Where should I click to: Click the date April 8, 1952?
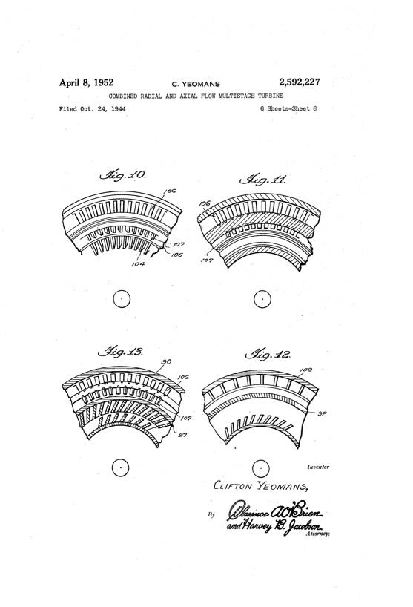tap(91, 82)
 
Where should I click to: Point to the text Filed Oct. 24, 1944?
tap(91, 109)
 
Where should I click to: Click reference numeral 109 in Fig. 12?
tap(305, 367)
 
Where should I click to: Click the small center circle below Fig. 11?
tap(262, 299)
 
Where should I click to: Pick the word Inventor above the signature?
tap(317, 467)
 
